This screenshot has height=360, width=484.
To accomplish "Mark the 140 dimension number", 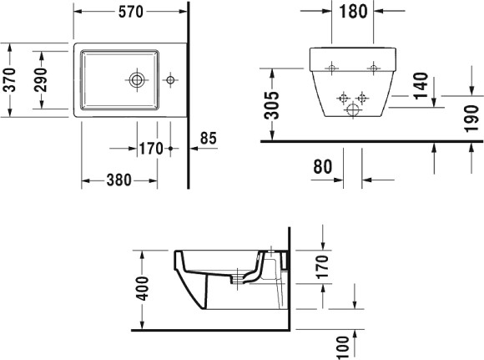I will [x=421, y=84].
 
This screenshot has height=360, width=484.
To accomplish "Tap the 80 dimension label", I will [x=322, y=167].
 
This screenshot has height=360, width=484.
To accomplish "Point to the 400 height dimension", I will [x=143, y=288].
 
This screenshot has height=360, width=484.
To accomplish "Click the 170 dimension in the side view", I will [x=323, y=266].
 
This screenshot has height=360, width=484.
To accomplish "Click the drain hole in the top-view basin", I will [x=137, y=80].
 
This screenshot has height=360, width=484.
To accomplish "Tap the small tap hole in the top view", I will [x=170, y=80].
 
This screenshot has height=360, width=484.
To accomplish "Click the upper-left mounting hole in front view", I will [x=330, y=66].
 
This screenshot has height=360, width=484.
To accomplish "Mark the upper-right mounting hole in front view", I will [x=374, y=66].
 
